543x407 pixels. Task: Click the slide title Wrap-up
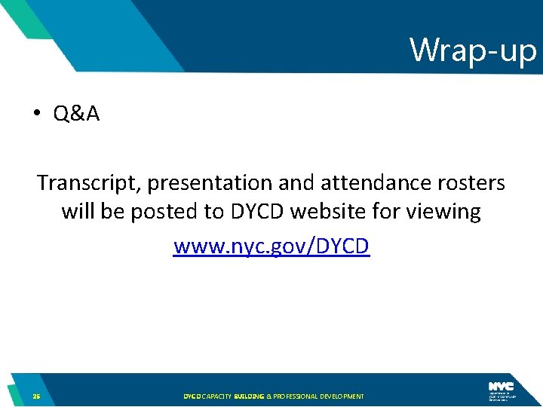click(x=473, y=50)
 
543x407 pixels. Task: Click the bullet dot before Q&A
click(x=35, y=114)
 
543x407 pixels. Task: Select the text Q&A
click(x=76, y=114)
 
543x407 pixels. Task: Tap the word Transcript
click(x=90, y=183)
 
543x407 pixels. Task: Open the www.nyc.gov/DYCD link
click(x=271, y=246)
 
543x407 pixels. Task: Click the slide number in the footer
click(x=36, y=396)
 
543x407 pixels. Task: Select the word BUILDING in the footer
click(x=248, y=396)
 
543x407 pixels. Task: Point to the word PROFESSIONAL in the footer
click(x=297, y=396)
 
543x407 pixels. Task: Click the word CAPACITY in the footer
click(x=216, y=396)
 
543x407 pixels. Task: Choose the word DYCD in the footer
click(x=192, y=396)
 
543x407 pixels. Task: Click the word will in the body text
click(x=77, y=212)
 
